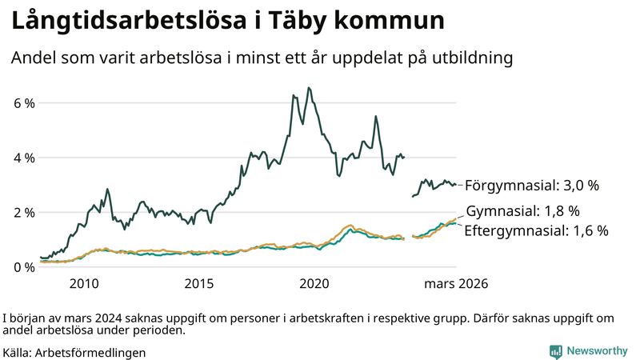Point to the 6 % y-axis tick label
tap(24, 103)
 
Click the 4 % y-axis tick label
tap(24, 158)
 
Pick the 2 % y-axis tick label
tap(24, 212)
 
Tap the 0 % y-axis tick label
tap(24, 266)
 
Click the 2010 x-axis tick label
tap(84, 283)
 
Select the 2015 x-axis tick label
tap(199, 283)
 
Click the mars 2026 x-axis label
tap(456, 283)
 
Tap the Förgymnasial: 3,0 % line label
tap(532, 185)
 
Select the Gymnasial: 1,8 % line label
tap(522, 211)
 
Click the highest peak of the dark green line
tap(309, 88)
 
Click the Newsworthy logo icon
tap(555, 351)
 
